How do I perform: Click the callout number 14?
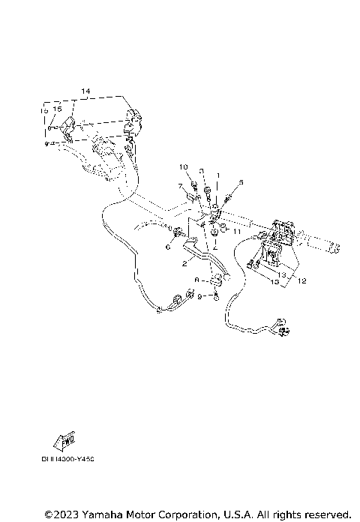tap(85, 91)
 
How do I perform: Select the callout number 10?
tap(182, 166)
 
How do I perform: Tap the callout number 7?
tap(180, 185)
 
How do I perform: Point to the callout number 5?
tap(241, 182)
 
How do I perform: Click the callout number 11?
tap(235, 232)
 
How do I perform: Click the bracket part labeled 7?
tap(193, 196)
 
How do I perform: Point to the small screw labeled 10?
tap(192, 179)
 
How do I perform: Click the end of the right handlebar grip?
tap(337, 247)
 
